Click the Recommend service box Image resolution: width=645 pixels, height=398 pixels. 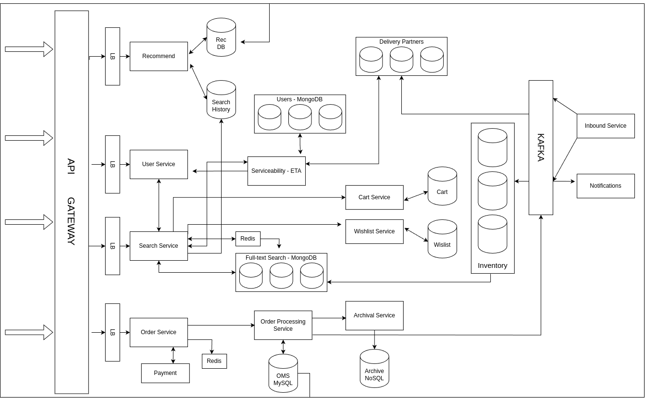(159, 56)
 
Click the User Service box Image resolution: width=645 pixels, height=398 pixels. (159, 164)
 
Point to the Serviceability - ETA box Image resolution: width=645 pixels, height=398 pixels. (276, 171)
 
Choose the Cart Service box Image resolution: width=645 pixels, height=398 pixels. (374, 197)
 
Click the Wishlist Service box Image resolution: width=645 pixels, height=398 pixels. (374, 231)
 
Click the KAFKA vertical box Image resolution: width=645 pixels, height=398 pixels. (541, 147)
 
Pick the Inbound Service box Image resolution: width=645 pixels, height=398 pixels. (606, 126)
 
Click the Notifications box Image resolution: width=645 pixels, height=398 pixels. (606, 186)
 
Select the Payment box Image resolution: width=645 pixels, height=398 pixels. (165, 373)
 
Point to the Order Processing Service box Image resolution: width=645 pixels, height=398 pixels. (283, 325)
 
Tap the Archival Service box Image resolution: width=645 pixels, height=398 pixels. (374, 315)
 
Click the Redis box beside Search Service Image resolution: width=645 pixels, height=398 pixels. (248, 239)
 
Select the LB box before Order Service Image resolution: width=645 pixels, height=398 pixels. (112, 332)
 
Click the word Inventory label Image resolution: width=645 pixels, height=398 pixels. (493, 265)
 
